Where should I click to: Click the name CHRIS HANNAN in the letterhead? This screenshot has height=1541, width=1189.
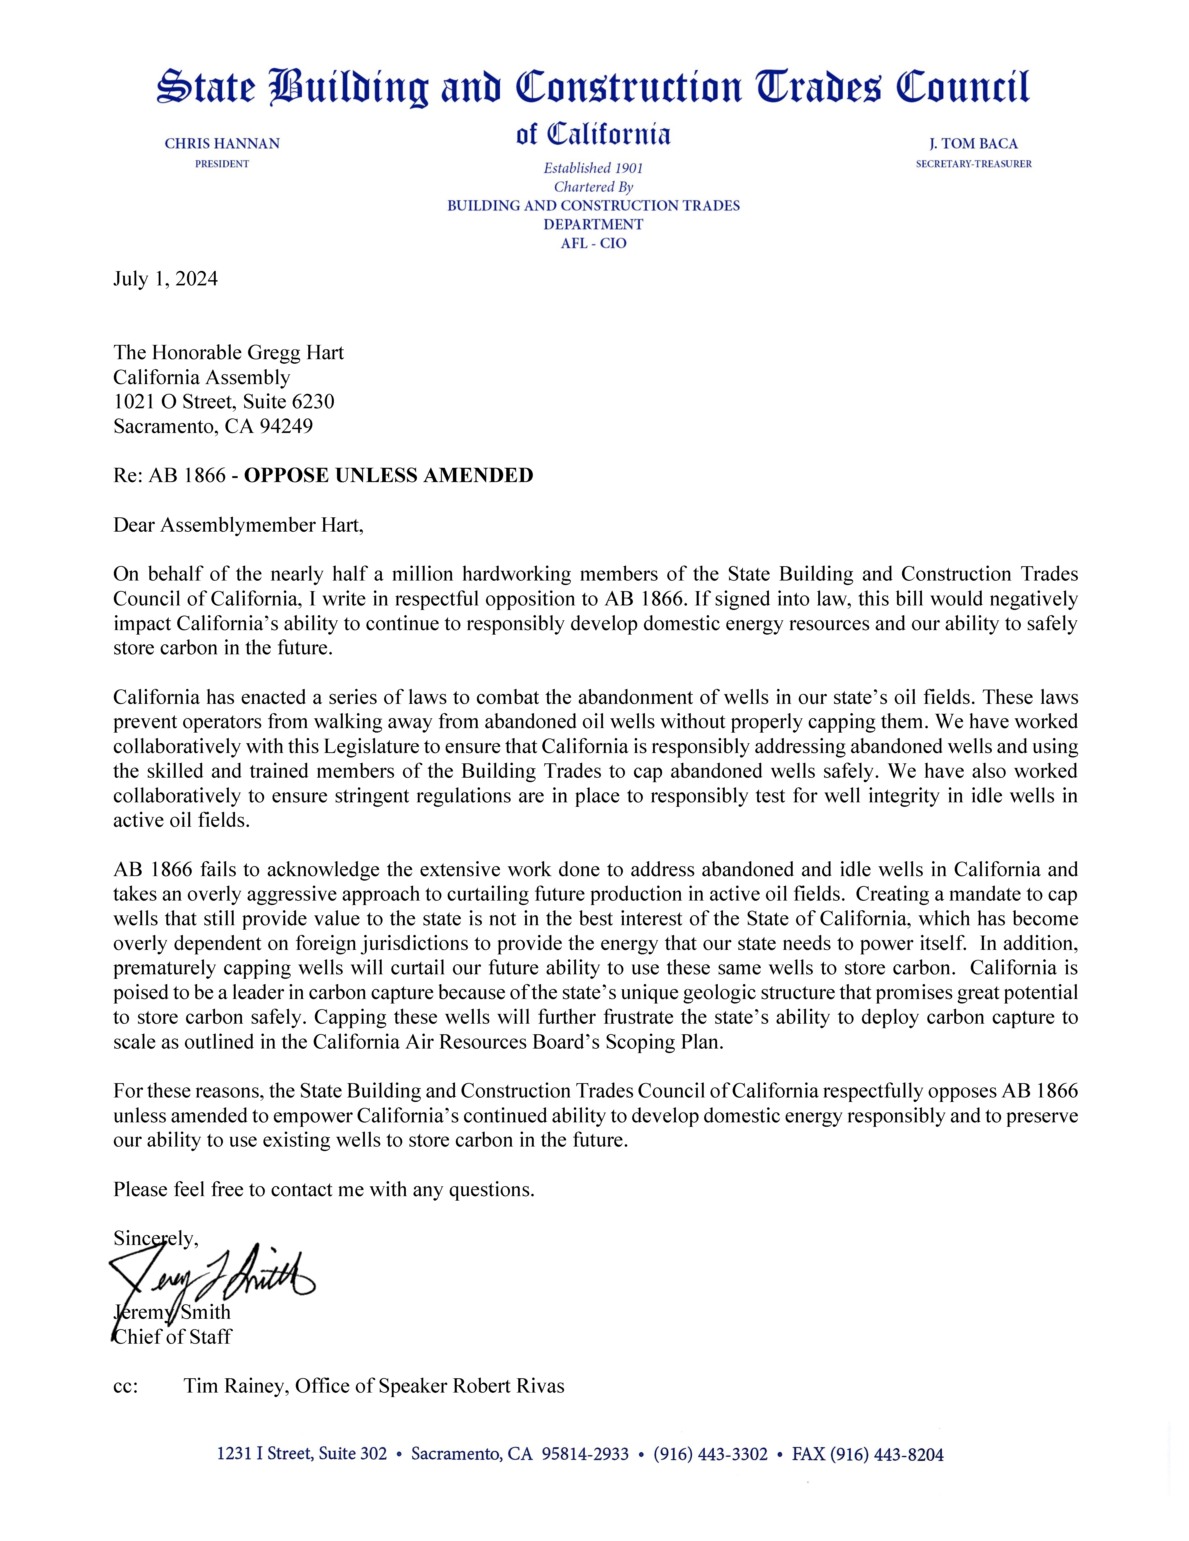point(222,144)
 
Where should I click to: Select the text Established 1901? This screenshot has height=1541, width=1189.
point(593,168)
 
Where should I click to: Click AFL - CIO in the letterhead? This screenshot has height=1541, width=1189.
point(593,244)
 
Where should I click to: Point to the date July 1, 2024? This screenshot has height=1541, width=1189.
point(165,280)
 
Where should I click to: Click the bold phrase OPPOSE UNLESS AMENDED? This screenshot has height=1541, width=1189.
point(388,475)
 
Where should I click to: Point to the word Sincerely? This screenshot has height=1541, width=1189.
point(155,1238)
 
